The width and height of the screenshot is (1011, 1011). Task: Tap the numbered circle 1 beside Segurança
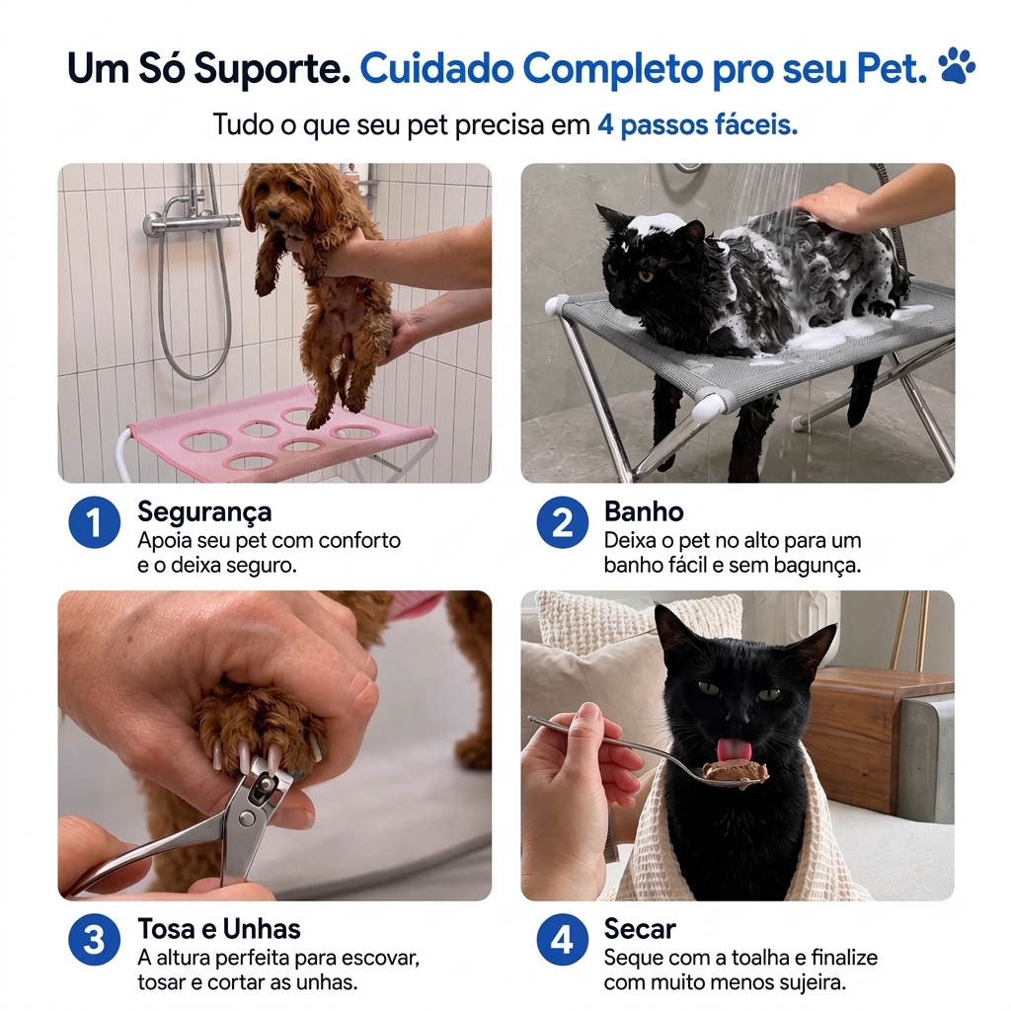pyautogui.click(x=94, y=522)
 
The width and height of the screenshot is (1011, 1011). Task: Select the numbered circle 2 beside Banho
pyautogui.click(x=562, y=522)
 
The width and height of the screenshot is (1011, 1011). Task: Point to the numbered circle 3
pyautogui.click(x=94, y=940)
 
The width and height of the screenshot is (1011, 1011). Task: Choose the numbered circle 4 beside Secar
pyautogui.click(x=562, y=940)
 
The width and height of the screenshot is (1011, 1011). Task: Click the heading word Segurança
pyautogui.click(x=204, y=512)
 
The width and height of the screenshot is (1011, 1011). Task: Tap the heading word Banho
pyautogui.click(x=644, y=512)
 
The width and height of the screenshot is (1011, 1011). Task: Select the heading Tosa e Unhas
pyautogui.click(x=219, y=929)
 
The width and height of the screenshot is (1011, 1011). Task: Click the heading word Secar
pyautogui.click(x=640, y=929)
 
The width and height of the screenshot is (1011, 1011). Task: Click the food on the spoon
pyautogui.click(x=735, y=772)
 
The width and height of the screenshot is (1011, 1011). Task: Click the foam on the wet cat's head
pyautogui.click(x=657, y=225)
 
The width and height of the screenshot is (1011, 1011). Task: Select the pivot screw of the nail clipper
pyautogui.click(x=245, y=818)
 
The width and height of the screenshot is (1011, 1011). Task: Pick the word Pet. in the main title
pyautogui.click(x=892, y=68)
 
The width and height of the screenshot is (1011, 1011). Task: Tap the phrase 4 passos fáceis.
pyautogui.click(x=698, y=124)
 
